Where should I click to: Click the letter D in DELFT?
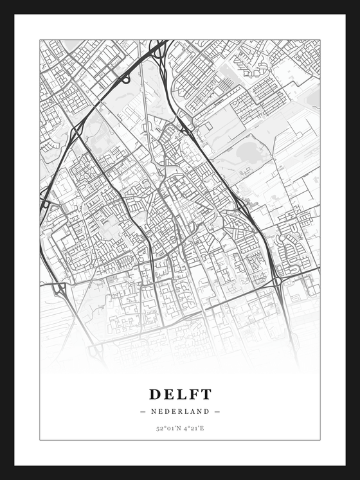pos(156,394)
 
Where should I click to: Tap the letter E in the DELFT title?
pos(169,394)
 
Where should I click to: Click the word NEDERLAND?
pos(180,411)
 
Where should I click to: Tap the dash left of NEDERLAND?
pos(142,411)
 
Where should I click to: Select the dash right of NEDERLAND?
pos(218,411)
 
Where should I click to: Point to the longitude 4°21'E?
pos(194,427)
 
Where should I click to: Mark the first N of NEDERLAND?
pos(153,411)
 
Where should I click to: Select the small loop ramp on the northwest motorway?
pos(126,79)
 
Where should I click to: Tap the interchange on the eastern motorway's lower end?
pos(276,281)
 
